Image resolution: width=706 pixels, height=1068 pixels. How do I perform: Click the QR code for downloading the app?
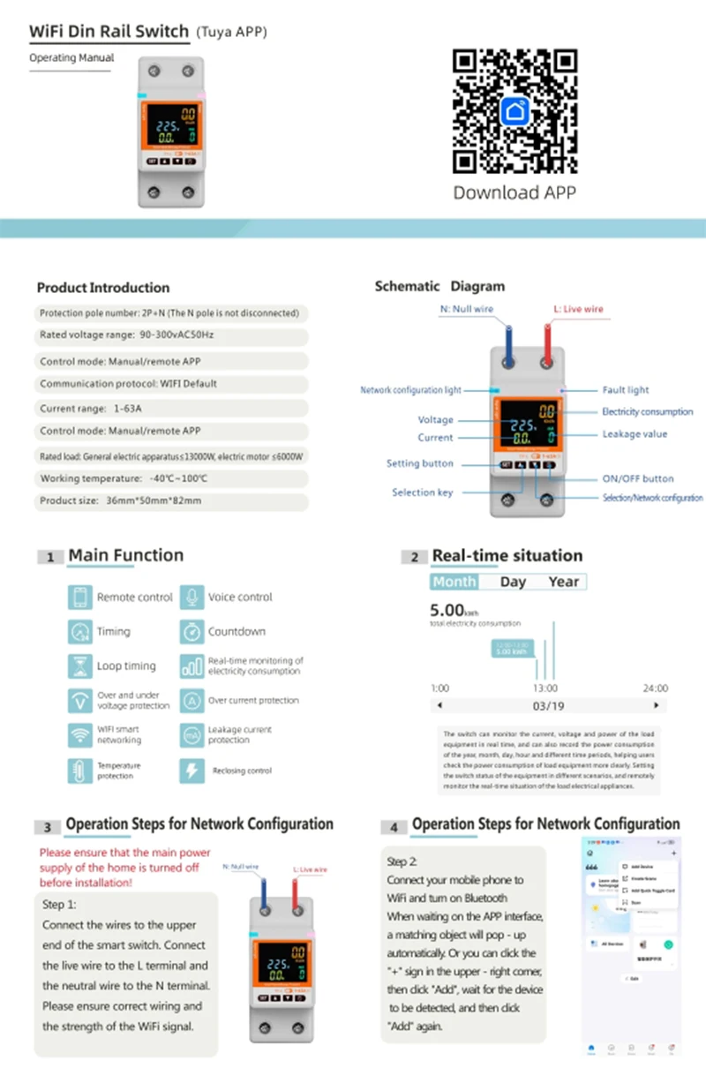coord(515,111)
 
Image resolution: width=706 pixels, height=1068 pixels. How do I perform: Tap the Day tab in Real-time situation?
coord(513,582)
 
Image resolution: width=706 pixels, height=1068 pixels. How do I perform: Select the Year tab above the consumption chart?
coord(563,582)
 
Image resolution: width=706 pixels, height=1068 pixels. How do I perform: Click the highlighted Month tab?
coord(454,582)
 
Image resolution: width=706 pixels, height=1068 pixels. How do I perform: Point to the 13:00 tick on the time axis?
coord(545,688)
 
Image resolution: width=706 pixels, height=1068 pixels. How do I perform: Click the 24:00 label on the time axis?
coord(655,688)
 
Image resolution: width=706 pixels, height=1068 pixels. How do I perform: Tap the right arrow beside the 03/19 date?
coord(656,706)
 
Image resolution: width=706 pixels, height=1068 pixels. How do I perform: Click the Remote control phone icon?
coord(79,598)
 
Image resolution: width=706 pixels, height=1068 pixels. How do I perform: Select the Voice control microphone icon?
coord(192,598)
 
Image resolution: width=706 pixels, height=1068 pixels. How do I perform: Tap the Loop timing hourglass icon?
coord(79,666)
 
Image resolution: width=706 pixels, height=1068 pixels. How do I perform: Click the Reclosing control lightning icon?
coord(192,771)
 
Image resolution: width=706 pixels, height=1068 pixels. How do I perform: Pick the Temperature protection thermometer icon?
coord(79,771)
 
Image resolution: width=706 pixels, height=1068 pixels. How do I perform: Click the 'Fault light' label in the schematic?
coord(626,390)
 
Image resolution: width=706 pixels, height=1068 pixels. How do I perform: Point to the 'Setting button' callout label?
coord(420,463)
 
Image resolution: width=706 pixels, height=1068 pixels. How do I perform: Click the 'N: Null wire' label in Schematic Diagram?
coord(467,310)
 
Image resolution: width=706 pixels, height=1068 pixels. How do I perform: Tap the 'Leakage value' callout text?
coord(635,434)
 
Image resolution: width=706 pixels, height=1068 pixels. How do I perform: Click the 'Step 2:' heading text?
coord(402,861)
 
